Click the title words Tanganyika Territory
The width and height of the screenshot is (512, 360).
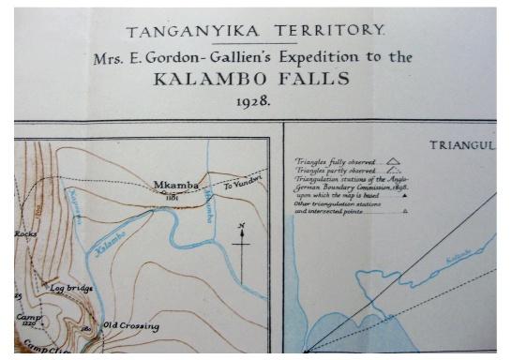point(255,30)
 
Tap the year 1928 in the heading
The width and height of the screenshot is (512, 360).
point(255,100)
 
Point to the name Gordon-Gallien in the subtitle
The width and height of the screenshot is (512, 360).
point(212,57)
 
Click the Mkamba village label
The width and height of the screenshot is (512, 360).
point(175,186)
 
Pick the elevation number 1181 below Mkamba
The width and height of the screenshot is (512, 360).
point(172,198)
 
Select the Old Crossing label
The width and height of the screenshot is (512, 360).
point(130,326)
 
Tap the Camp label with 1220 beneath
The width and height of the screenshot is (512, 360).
point(28,318)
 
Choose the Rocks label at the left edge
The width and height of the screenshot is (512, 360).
point(24,233)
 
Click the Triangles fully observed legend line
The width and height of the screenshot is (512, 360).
point(332,161)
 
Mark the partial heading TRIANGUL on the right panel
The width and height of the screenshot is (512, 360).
point(460,145)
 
